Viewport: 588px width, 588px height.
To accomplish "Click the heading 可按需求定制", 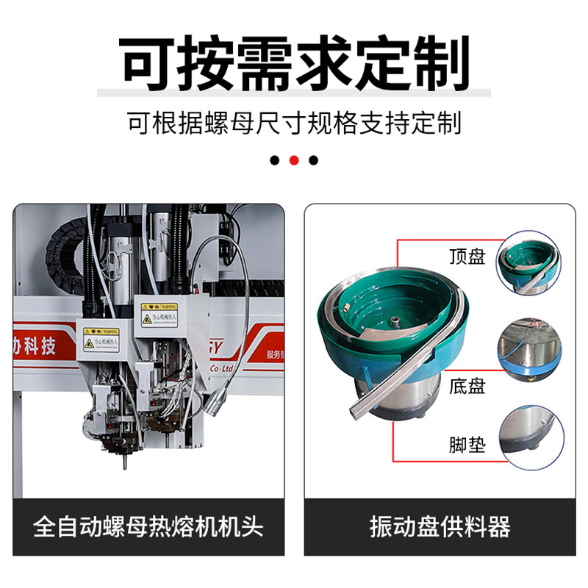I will pyautogui.click(x=294, y=65).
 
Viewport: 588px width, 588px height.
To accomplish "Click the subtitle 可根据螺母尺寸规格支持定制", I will pyautogui.click(x=294, y=122).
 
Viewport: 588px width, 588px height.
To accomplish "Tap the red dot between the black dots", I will pyautogui.click(x=294, y=160).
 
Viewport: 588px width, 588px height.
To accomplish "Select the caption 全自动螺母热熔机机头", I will pyautogui.click(x=148, y=526).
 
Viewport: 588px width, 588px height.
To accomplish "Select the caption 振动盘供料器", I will pyautogui.click(x=440, y=526).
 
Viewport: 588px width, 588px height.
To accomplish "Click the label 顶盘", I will pyautogui.click(x=467, y=257).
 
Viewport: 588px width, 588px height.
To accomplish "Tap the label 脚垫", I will pyautogui.click(x=467, y=445).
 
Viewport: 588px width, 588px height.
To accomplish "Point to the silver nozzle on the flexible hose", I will pyautogui.click(x=218, y=401).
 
